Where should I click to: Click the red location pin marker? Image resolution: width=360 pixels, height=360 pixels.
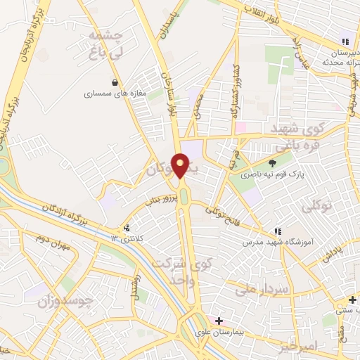click(x=181, y=166)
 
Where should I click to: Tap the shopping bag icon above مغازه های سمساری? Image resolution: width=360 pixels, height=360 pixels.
click(x=114, y=82)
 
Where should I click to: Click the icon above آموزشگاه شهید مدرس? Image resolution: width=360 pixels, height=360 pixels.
click(x=277, y=231)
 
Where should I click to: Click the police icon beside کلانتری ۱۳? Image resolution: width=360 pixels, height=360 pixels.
click(x=127, y=228)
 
